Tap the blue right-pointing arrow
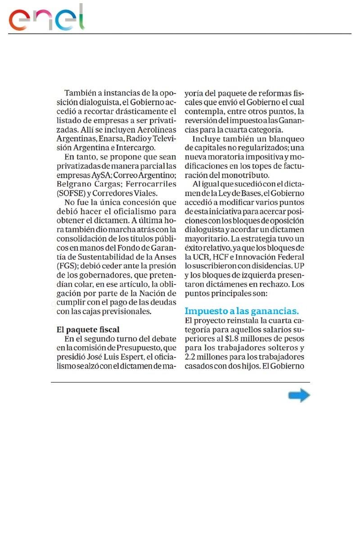[x=299, y=396]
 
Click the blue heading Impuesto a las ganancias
[x=242, y=311]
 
